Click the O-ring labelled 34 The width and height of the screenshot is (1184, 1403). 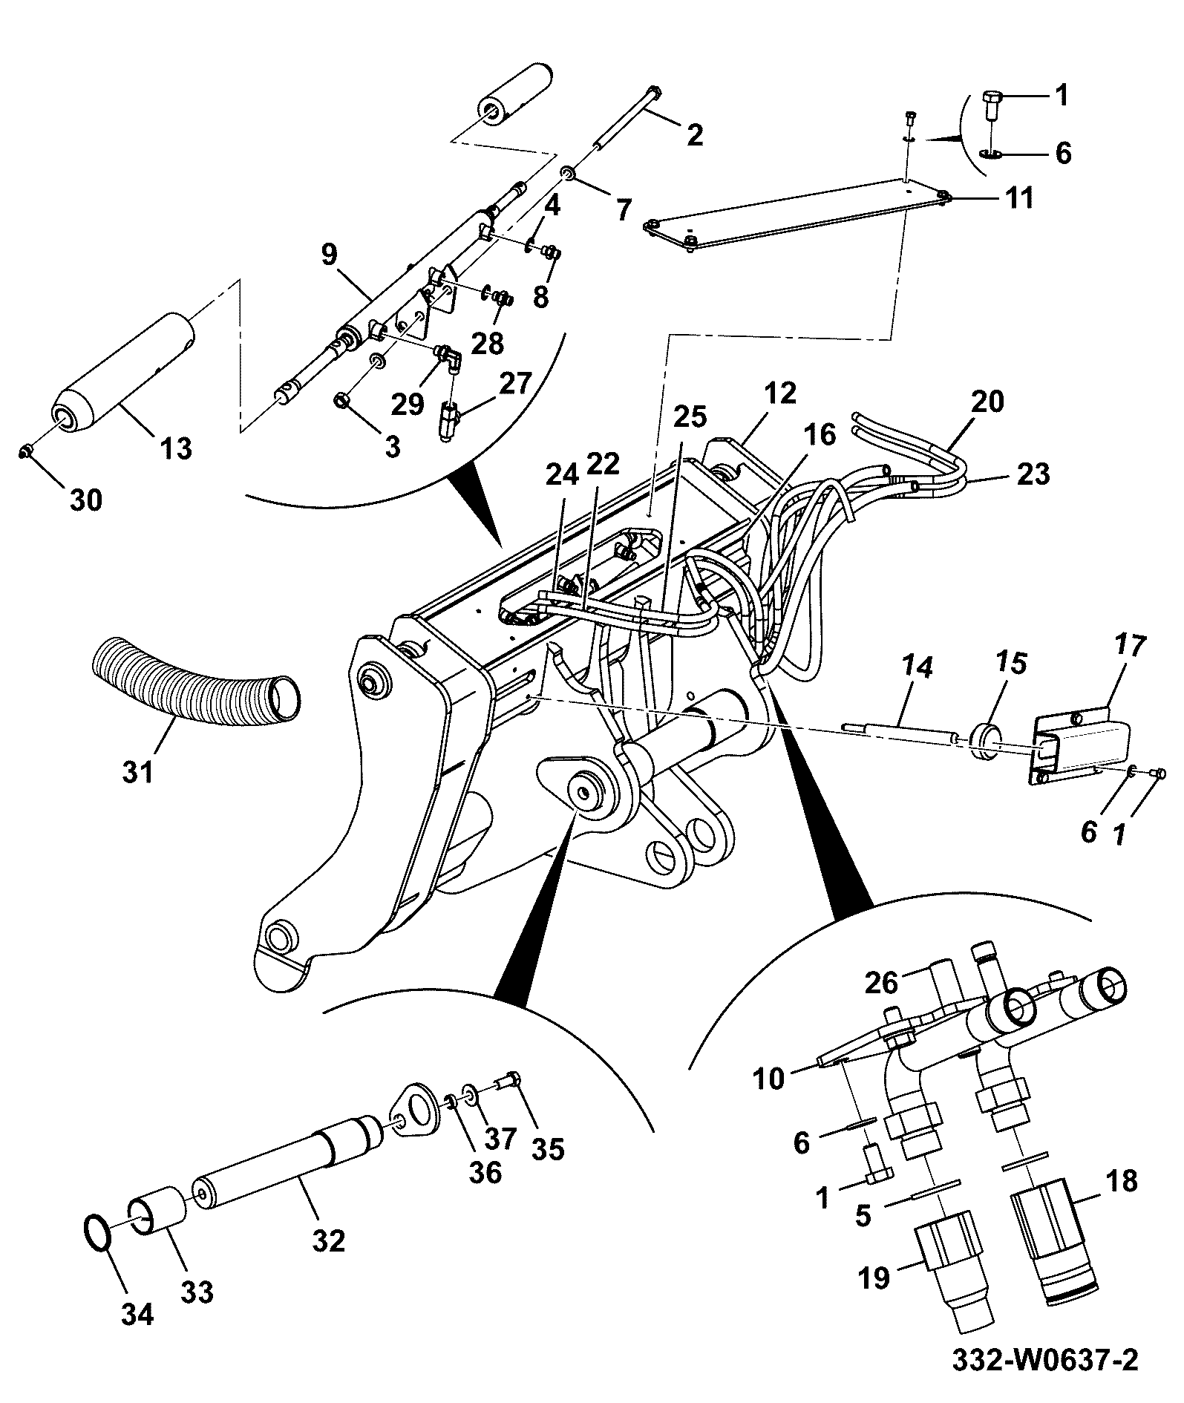click(98, 1236)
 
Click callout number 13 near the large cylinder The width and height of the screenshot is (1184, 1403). click(176, 448)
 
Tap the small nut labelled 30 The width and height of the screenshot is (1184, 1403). click(26, 450)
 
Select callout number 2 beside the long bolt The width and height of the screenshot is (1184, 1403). click(694, 135)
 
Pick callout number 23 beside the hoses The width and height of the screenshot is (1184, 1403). click(1033, 474)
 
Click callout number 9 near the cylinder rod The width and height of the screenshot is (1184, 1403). click(329, 255)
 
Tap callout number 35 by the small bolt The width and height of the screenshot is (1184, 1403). click(547, 1149)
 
